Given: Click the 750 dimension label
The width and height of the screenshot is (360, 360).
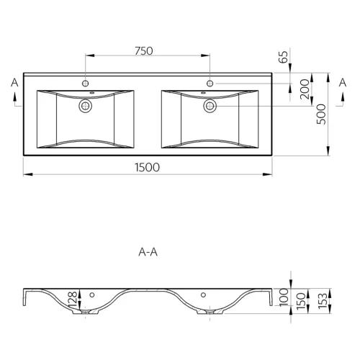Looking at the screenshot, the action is point(144,51).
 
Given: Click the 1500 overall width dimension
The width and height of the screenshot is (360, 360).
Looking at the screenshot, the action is point(147,167).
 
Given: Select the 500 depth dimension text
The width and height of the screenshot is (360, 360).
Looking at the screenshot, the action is point(321,114).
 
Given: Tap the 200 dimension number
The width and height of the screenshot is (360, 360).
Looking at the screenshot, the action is point(305,89).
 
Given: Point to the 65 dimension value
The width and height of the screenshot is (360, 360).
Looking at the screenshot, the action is point(284,57).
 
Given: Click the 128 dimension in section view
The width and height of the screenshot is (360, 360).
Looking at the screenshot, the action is point(73,300).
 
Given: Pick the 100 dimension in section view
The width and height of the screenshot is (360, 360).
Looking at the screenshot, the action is point(284,297).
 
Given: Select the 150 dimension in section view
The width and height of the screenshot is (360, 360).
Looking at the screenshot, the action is point(301,300).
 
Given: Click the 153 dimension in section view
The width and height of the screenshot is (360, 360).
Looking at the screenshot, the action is point(323,300).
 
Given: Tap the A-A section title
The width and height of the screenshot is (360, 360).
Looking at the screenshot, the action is point(148,252).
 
